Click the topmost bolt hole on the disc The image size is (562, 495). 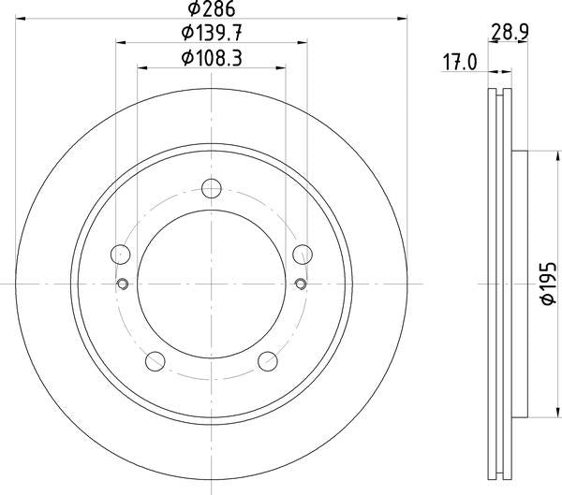(x=211, y=188)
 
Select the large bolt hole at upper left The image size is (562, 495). (x=120, y=254)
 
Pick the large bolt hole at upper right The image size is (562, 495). (x=302, y=254)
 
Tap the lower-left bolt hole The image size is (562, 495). (x=155, y=360)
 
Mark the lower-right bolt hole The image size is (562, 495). (x=267, y=360)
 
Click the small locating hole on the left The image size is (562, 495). (x=122, y=284)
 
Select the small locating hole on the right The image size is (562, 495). (x=300, y=284)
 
